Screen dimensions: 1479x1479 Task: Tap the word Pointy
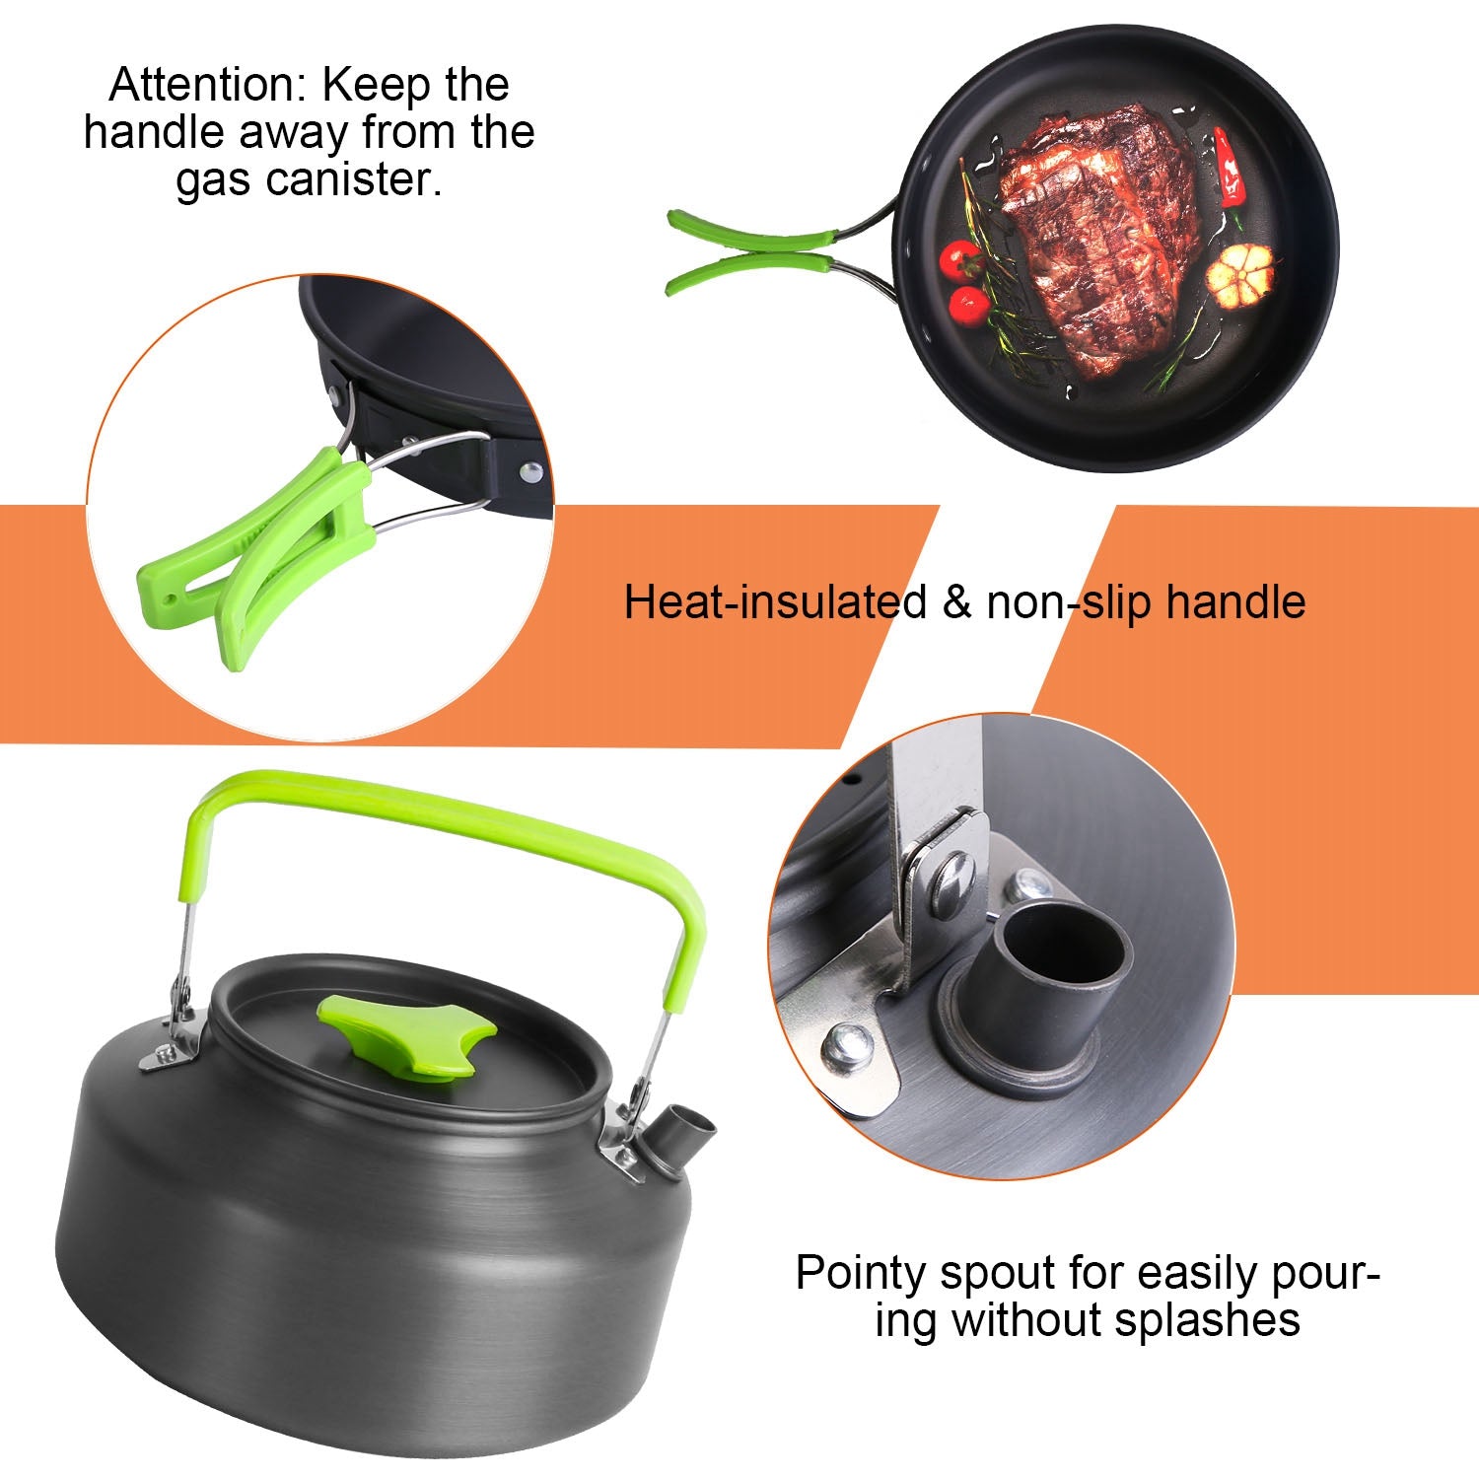click(x=861, y=1274)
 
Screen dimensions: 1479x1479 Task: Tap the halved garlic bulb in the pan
click(x=1240, y=272)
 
